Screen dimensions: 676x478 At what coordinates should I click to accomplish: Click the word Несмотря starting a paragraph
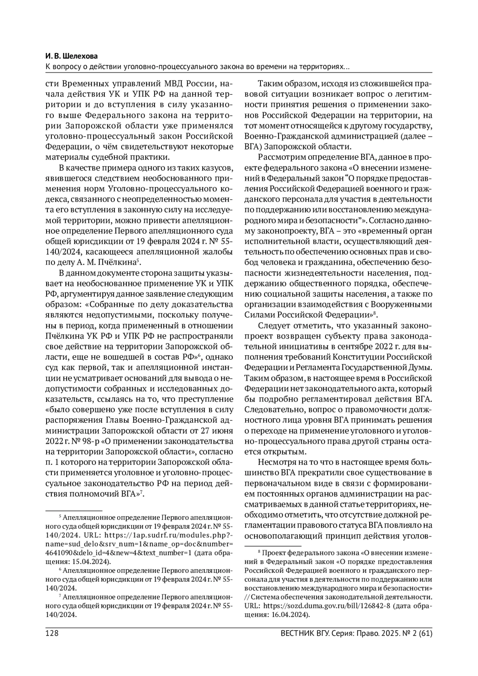pos(277,462)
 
